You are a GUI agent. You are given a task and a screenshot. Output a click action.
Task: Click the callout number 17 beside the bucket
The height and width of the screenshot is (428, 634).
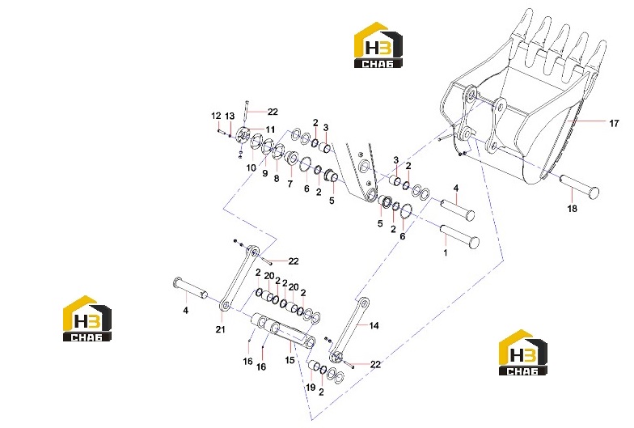[x=614, y=123]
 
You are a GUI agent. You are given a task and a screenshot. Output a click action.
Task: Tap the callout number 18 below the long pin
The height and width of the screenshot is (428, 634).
[x=573, y=209]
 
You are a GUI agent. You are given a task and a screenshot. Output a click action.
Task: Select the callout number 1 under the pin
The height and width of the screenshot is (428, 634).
[x=446, y=252]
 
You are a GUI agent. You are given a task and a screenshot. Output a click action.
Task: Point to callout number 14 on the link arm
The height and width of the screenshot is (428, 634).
[x=374, y=325]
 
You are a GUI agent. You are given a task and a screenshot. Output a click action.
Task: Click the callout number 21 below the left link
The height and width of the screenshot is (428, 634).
[x=220, y=330]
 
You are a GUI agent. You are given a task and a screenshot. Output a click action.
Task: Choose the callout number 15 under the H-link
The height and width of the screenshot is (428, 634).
[x=290, y=359]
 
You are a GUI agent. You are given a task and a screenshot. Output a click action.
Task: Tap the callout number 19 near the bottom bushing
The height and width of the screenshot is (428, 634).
[x=311, y=387]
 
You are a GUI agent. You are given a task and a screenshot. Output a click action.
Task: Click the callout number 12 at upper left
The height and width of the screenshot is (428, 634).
[x=216, y=117]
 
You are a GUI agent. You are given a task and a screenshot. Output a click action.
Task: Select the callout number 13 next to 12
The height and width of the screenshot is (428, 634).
[x=230, y=117]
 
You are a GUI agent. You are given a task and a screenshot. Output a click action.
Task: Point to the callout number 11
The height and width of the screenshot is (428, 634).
[x=270, y=129]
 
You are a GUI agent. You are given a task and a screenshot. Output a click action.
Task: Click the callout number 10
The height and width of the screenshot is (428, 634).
[x=251, y=167]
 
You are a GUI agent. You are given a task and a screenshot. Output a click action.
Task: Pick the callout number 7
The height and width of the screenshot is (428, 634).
[x=290, y=184]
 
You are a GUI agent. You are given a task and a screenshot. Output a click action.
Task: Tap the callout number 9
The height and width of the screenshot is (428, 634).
[x=265, y=173]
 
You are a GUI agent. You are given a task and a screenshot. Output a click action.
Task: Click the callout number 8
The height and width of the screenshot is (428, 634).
[x=277, y=178]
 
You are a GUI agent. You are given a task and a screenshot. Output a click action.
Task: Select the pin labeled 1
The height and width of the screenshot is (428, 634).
[x=459, y=236]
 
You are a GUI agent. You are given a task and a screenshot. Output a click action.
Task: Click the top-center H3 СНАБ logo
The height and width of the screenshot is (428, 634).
[x=378, y=45]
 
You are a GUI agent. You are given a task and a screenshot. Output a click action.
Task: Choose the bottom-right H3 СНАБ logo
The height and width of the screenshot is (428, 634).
[x=522, y=353]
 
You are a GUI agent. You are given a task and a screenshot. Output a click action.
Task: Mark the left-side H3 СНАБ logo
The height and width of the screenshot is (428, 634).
[x=87, y=319]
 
